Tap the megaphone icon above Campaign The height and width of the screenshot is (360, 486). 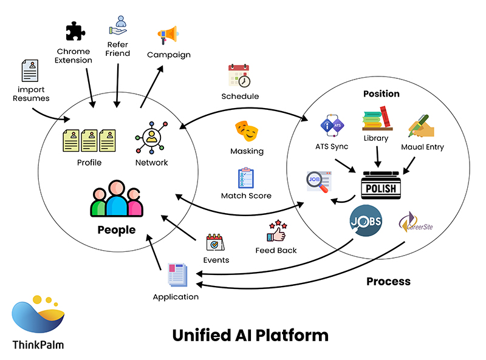coord(168,35)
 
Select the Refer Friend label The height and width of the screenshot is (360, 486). coord(118,49)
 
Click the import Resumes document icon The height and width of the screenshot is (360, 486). coord(30,70)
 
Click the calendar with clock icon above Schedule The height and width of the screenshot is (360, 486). coord(239,76)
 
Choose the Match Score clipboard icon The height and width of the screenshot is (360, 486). coord(246,178)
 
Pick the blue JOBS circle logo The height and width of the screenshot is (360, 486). coord(365,221)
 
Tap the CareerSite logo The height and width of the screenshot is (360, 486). coord(414,225)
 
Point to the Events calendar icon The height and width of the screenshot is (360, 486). coord(215,242)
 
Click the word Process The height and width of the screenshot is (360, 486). coord(388,281)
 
